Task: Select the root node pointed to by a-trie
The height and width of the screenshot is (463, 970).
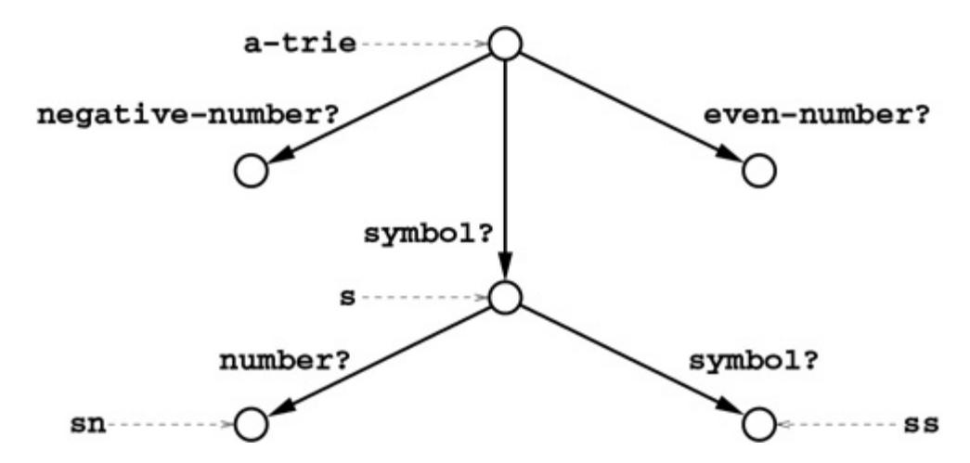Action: coord(505,44)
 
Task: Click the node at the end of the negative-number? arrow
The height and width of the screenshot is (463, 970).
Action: coord(252,171)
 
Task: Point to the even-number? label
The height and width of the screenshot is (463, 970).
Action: coord(818,116)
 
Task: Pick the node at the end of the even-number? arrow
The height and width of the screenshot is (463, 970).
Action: coord(759,171)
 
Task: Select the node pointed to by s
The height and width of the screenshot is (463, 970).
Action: coord(505,298)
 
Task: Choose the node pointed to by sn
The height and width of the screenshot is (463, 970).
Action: coord(252,425)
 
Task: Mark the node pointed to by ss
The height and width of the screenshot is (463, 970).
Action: coord(759,425)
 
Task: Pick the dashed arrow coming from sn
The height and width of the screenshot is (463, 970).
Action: coord(172,425)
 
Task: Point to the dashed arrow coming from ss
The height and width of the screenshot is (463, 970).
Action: coord(839,425)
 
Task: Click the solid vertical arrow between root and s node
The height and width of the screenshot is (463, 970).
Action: coord(505,172)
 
